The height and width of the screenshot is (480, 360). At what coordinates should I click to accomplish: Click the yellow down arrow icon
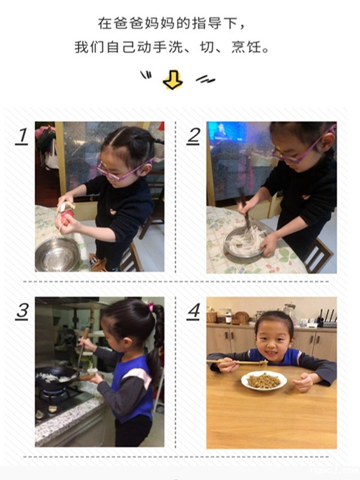tap(173, 80)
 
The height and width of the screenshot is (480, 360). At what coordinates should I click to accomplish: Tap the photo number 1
tap(22, 136)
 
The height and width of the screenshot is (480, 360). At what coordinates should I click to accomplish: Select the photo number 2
tap(193, 136)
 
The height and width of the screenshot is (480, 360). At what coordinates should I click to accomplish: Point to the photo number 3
tap(22, 311)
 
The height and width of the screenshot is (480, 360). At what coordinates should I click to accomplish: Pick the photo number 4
tap(193, 311)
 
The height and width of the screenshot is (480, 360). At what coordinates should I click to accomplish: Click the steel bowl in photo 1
tap(57, 254)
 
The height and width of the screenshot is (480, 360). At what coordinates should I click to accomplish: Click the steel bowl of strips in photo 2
tap(245, 242)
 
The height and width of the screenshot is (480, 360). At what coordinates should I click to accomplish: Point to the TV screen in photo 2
tap(227, 131)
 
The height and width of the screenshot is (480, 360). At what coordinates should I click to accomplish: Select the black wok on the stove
tap(56, 377)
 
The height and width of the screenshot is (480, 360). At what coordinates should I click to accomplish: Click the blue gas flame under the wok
tap(54, 391)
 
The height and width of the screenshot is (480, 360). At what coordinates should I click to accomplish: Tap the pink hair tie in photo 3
tap(151, 307)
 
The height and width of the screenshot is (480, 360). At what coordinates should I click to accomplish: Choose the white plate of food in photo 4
tap(264, 381)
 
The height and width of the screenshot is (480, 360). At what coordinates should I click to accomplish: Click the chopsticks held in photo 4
tap(238, 363)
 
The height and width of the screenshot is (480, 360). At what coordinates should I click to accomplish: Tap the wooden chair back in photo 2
tap(319, 255)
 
